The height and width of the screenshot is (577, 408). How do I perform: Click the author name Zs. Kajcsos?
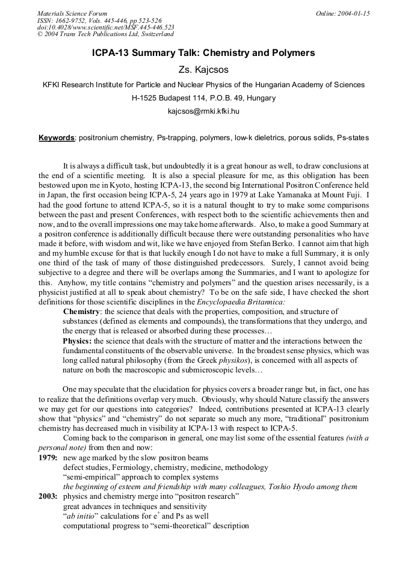click(204, 70)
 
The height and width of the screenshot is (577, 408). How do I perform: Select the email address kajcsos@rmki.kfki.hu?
click(203, 111)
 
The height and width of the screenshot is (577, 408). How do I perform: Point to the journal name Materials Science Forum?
click(72, 13)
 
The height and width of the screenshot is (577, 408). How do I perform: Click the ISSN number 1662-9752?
click(76, 20)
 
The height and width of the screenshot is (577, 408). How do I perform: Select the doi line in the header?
click(105, 28)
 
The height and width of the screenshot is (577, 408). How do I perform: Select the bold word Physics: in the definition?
click(78, 341)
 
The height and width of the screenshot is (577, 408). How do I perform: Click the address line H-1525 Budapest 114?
click(170, 98)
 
